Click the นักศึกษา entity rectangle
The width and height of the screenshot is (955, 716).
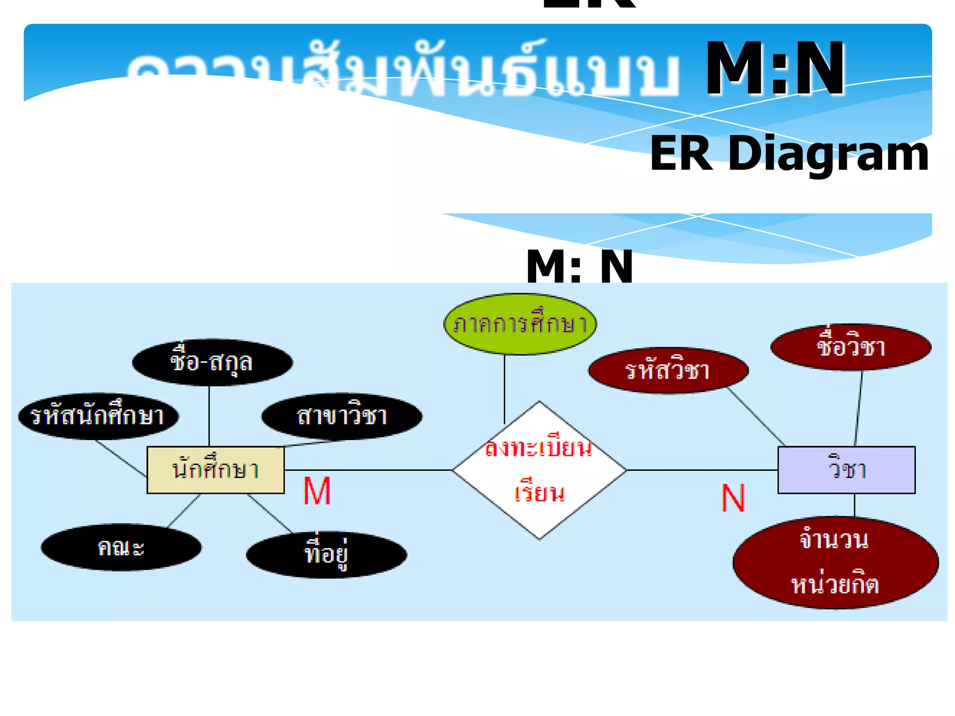[215, 469]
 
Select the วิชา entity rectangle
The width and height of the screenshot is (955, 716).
[846, 469]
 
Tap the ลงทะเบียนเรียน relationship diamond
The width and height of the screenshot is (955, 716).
[539, 470]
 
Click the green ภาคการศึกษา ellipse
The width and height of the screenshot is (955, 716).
[520, 324]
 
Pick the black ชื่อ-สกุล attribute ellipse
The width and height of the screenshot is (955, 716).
[212, 362]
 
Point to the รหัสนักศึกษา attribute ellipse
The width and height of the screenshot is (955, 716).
[98, 416]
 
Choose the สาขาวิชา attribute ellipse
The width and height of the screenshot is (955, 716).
[342, 416]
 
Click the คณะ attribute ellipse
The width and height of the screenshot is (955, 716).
[121, 547]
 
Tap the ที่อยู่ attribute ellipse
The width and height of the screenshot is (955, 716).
[326, 555]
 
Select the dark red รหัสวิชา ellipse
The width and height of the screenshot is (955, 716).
[668, 371]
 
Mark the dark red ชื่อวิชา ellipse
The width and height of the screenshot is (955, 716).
[851, 347]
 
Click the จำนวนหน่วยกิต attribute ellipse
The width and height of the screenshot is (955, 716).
[835, 563]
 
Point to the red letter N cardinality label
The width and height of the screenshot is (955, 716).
[733, 498]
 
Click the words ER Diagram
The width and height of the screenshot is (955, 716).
[789, 154]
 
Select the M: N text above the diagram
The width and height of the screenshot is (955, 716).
[580, 267]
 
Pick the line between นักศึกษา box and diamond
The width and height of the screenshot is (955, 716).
[368, 470]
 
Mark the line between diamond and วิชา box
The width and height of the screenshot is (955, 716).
[702, 470]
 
